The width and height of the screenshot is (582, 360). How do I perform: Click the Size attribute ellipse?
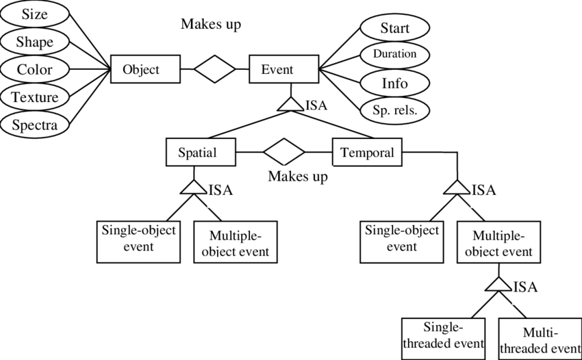[34, 14]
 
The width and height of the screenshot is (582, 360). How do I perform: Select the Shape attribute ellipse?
[34, 42]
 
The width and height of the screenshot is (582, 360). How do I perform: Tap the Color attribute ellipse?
[34, 70]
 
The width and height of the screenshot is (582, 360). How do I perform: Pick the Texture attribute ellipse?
[34, 97]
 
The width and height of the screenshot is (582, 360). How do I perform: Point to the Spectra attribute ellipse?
[34, 125]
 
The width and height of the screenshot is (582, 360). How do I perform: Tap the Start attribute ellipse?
[394, 28]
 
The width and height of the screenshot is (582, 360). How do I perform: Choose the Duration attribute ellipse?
[394, 53]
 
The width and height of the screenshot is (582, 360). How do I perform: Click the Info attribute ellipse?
[394, 83]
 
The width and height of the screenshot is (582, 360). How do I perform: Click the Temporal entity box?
[368, 152]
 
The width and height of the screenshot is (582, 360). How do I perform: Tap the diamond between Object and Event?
[214, 69]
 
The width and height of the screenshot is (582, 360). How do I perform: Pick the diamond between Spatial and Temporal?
[284, 152]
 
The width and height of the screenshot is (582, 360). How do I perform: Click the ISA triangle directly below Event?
[291, 103]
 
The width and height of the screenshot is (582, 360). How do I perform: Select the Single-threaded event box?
[444, 335]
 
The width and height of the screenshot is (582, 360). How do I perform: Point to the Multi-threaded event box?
[540, 339]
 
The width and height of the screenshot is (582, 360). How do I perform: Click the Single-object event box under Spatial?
[139, 241]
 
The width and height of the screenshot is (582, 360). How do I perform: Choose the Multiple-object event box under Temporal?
[498, 243]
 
